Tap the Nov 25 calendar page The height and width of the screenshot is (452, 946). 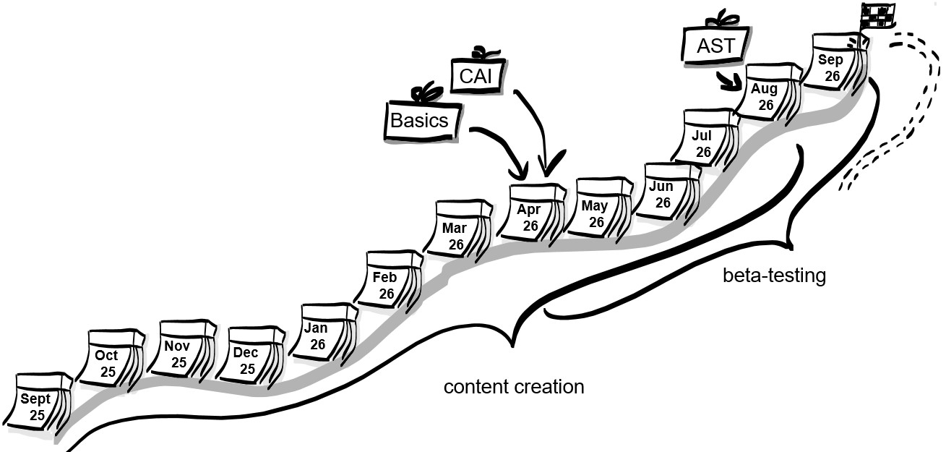click(179, 351)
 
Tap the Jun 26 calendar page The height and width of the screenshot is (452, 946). click(663, 193)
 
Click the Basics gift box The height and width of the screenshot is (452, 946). click(420, 119)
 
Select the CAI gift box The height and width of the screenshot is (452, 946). click(477, 76)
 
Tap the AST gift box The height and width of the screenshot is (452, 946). click(715, 45)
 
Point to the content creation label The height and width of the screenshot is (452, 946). click(513, 387)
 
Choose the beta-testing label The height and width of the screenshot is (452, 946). click(774, 276)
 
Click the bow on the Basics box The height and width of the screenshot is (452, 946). click(426, 93)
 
